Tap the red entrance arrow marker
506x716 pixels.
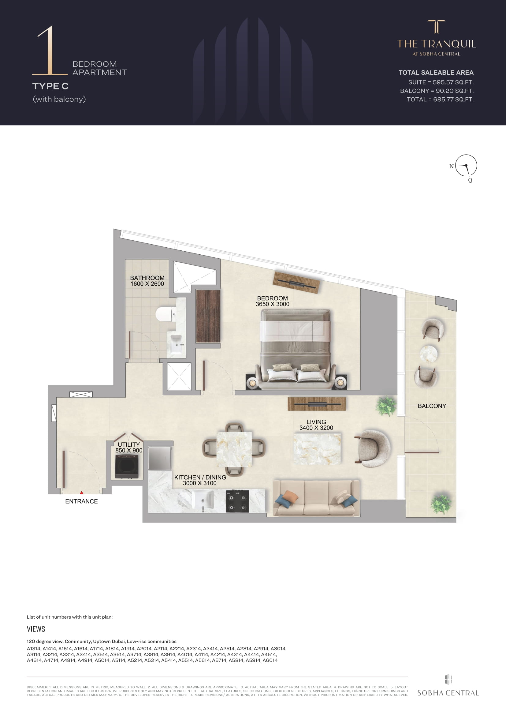pos(82,493)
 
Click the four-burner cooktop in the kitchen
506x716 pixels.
pos(237,501)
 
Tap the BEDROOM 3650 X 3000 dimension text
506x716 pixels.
pos(272,301)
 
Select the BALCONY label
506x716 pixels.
pos(432,406)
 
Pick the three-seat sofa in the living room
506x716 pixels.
pos(316,498)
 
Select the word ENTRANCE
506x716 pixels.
pos(81,501)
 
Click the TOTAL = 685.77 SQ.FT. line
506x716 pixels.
pos(440,99)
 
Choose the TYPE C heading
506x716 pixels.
pos(50,86)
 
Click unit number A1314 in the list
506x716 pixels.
pos(34,648)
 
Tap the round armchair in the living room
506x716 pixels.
pos(373,448)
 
